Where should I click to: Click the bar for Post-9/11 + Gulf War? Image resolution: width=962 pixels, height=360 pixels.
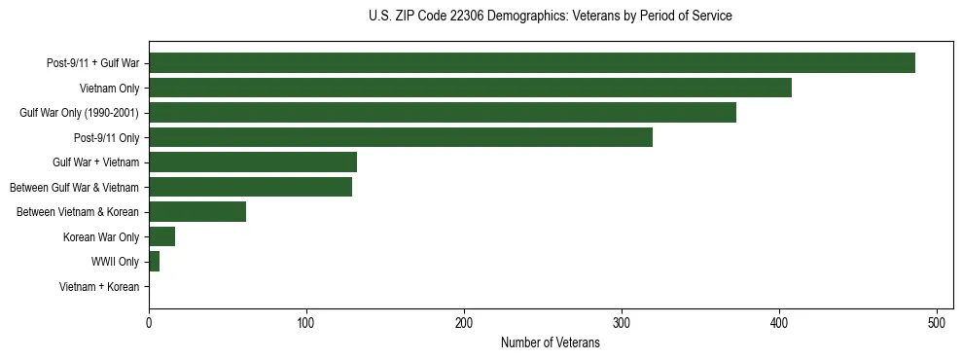[531, 63]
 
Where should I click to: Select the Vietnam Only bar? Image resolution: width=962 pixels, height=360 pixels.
[470, 89]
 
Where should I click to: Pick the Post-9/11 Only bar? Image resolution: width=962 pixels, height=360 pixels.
[400, 138]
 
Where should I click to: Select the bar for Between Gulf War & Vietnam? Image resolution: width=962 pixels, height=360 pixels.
[250, 187]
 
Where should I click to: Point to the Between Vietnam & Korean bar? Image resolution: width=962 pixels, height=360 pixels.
[197, 212]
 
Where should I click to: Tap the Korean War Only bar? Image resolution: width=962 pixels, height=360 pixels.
[161, 237]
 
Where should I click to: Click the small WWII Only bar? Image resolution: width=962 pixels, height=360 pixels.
[154, 262]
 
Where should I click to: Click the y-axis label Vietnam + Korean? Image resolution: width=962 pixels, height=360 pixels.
[99, 287]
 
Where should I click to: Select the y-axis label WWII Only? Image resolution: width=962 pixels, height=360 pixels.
[115, 262]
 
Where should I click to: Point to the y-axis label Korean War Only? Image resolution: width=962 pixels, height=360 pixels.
[101, 237]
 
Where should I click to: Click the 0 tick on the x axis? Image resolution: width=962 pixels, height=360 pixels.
[149, 323]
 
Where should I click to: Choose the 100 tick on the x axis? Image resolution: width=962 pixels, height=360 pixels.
[306, 323]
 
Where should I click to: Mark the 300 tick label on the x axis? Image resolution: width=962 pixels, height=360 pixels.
[622, 323]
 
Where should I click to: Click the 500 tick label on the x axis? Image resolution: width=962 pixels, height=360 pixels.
[937, 323]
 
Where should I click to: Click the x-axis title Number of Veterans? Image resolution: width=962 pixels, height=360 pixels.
[550, 343]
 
